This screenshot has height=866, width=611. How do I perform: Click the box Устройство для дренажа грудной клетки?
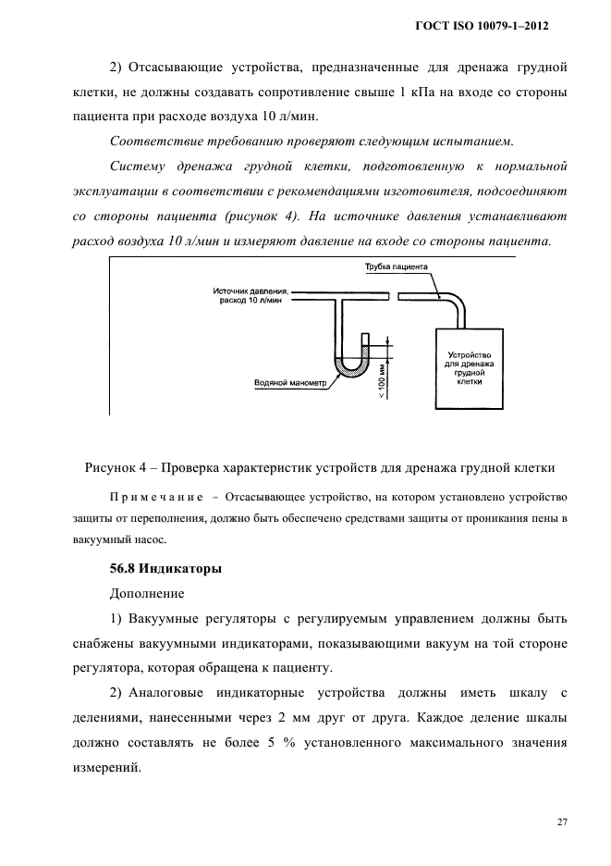[469, 367]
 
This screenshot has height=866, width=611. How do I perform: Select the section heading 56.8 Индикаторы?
[163, 565]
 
